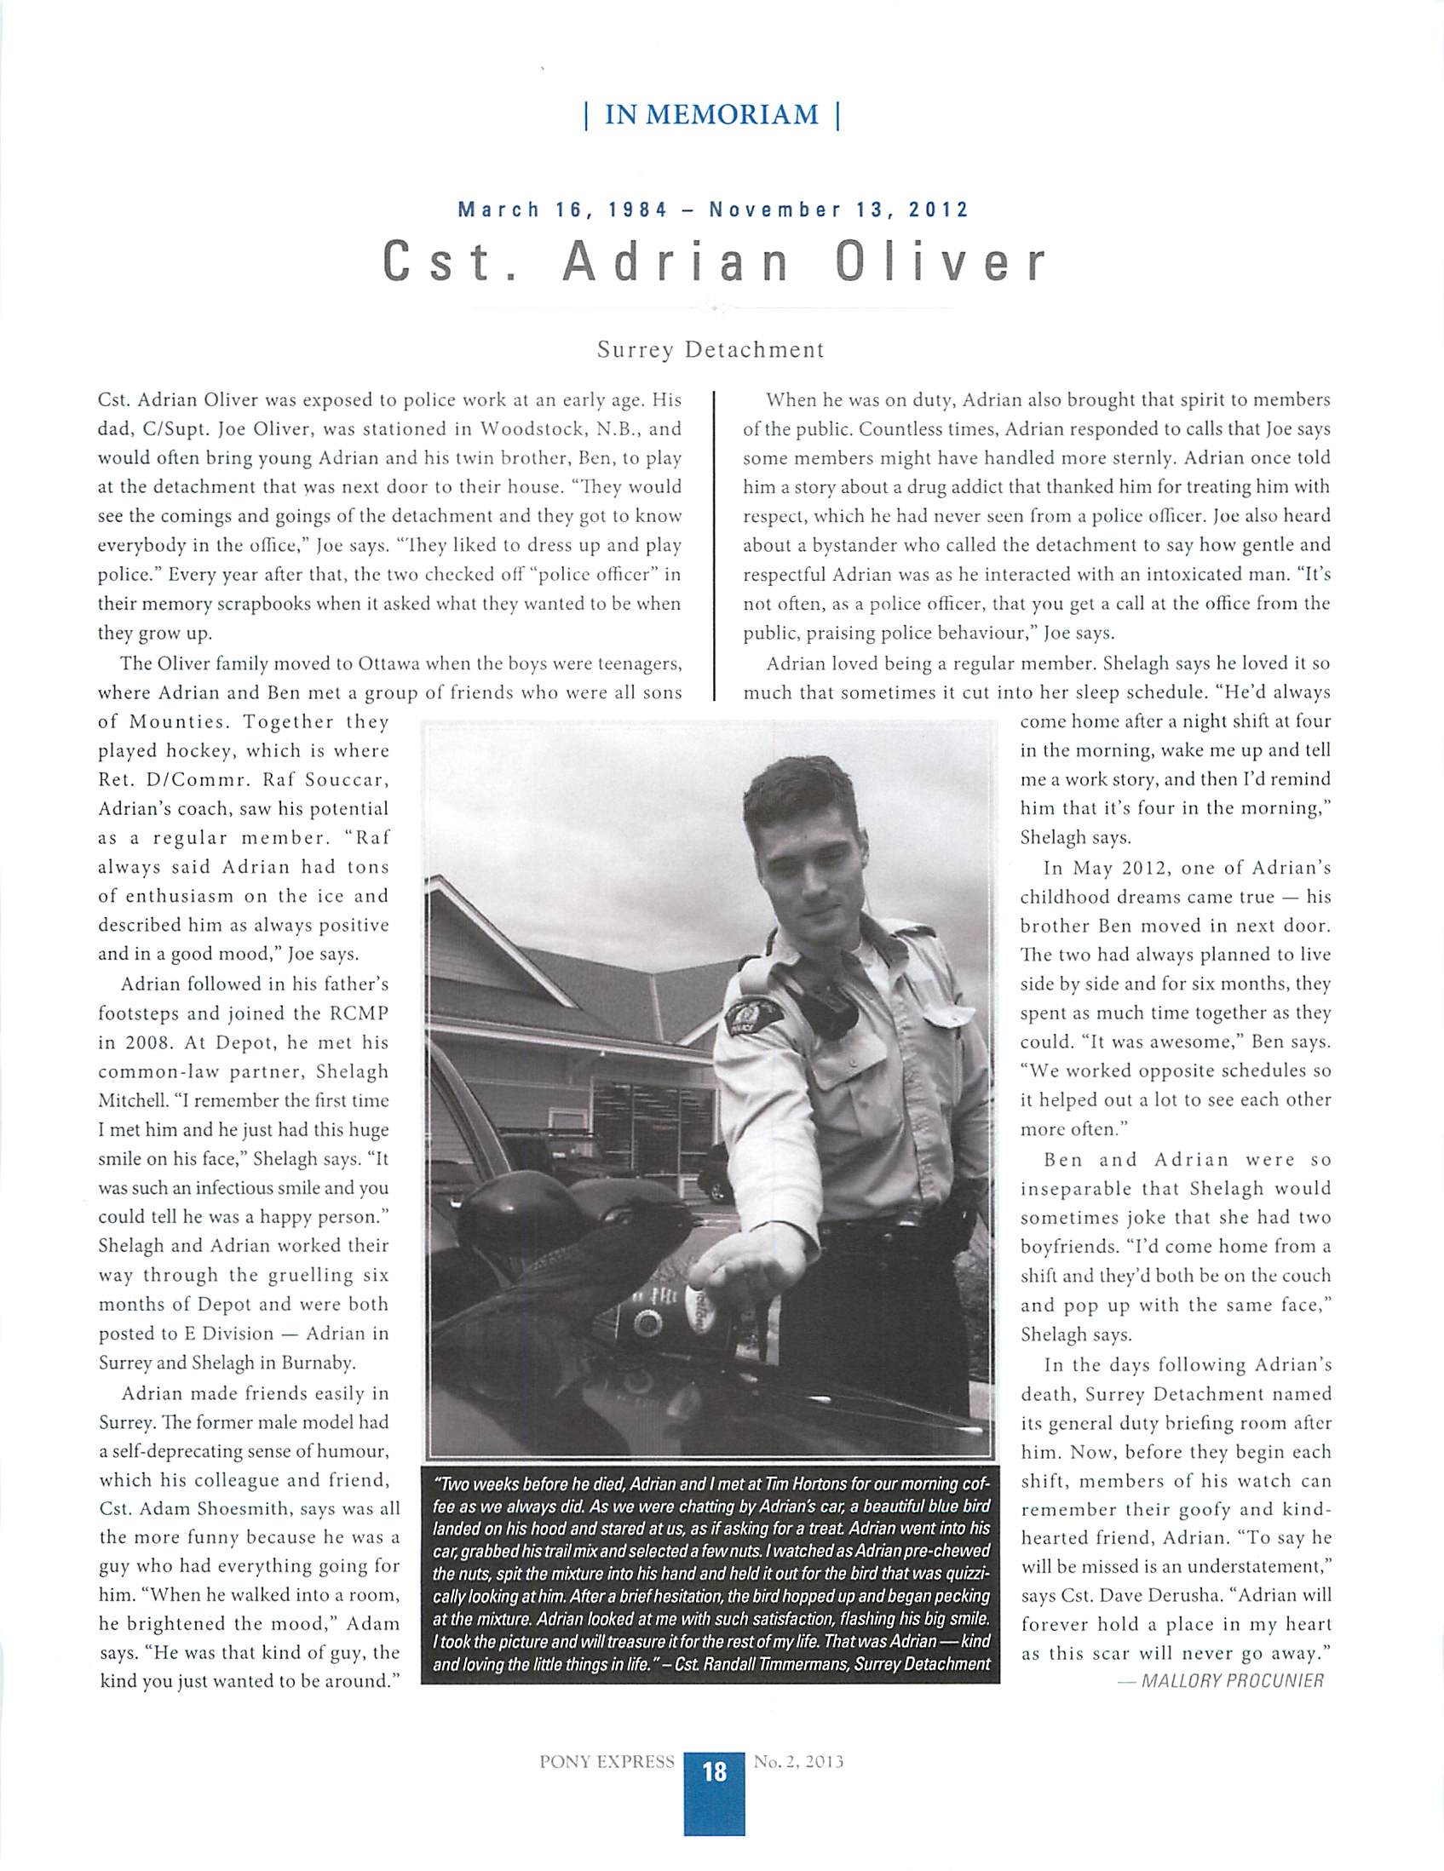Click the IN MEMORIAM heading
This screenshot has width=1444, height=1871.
click(710, 115)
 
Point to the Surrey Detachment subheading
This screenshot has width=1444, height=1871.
click(710, 349)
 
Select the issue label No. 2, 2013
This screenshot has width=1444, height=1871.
click(799, 1762)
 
